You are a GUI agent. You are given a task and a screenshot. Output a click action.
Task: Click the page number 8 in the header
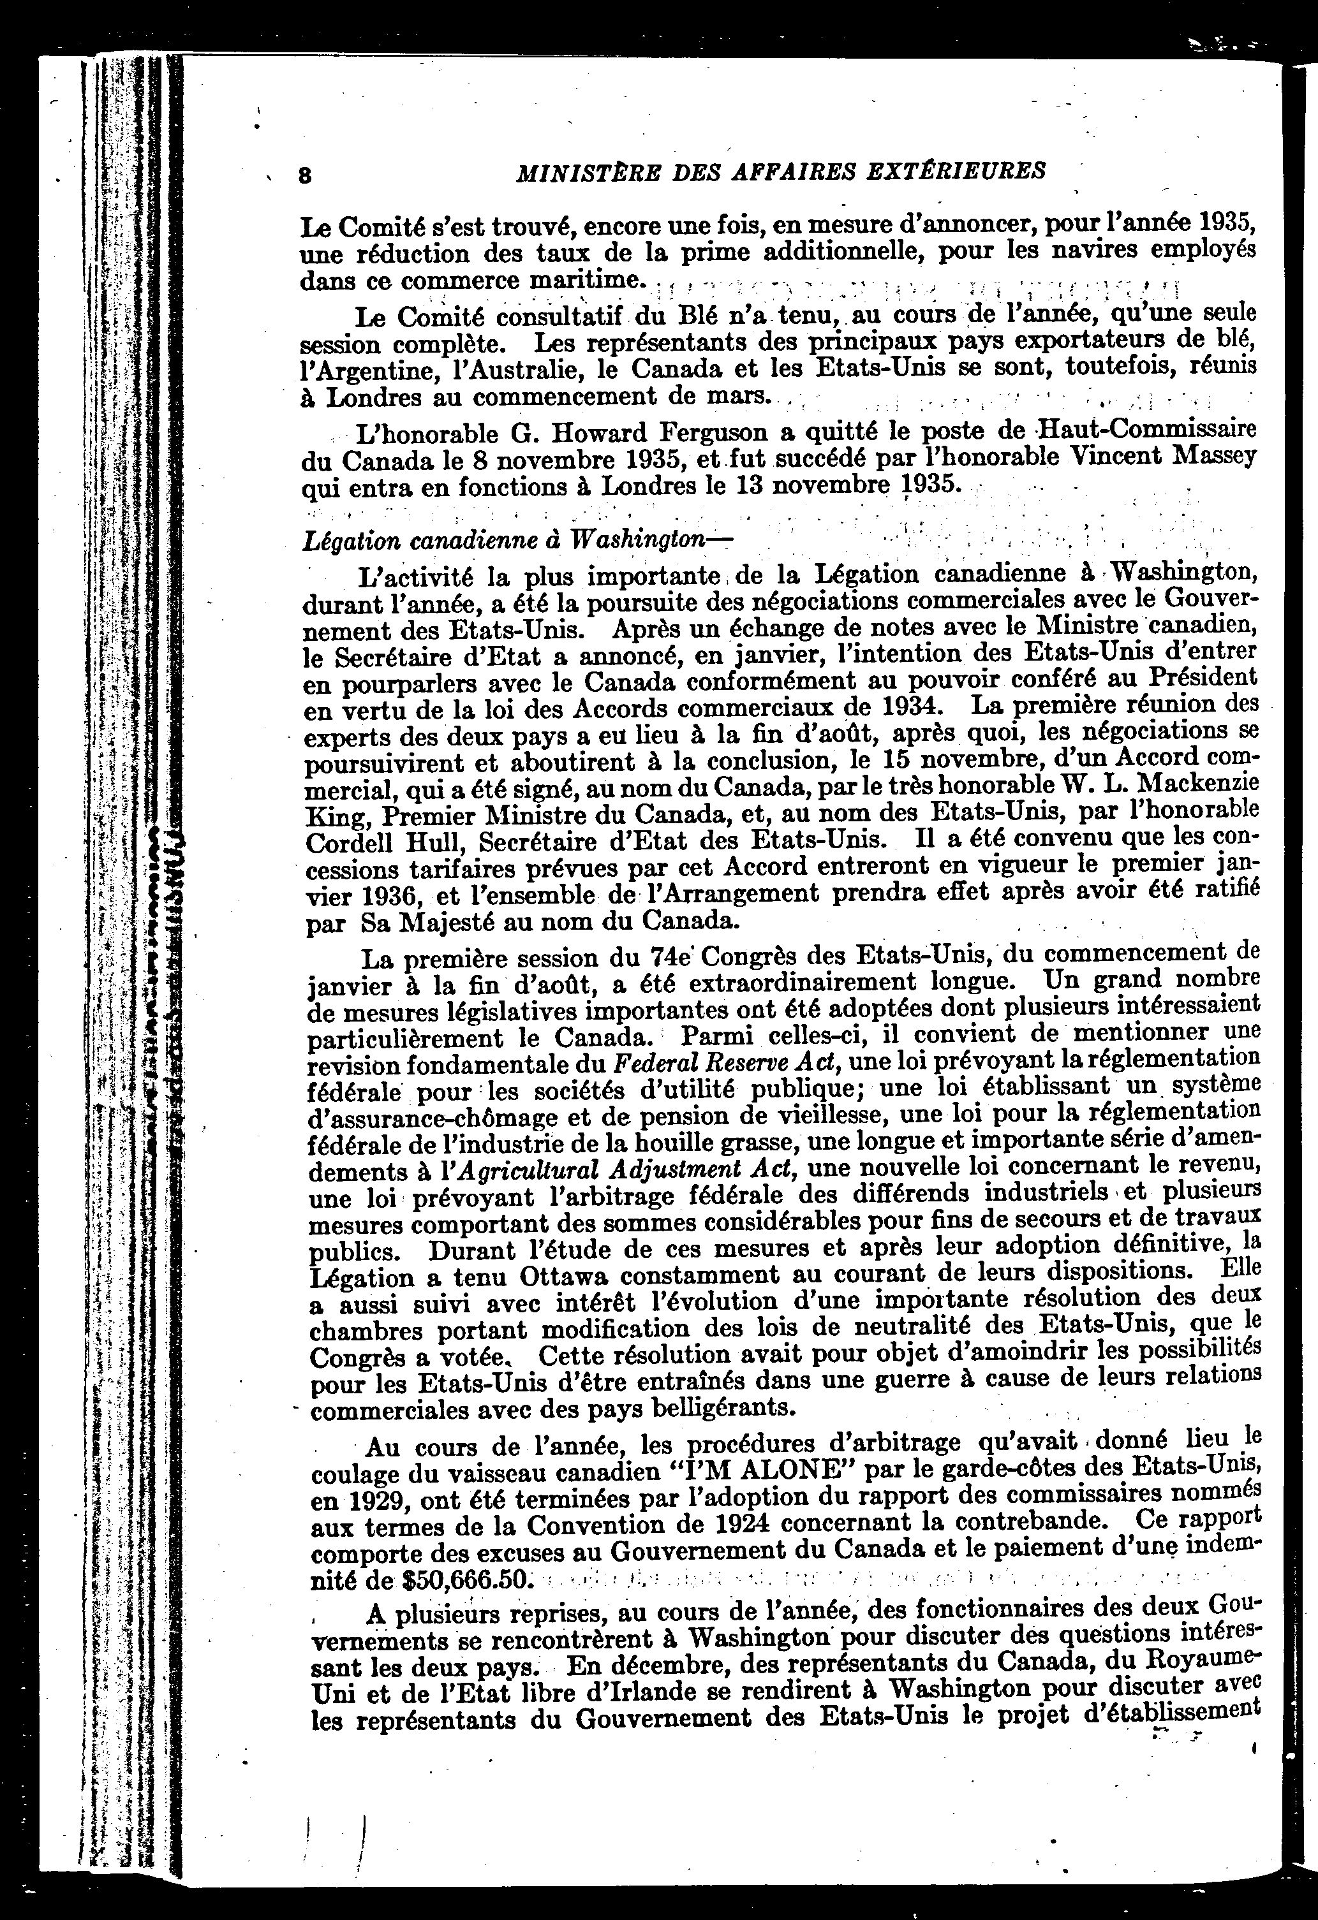click(x=304, y=174)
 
